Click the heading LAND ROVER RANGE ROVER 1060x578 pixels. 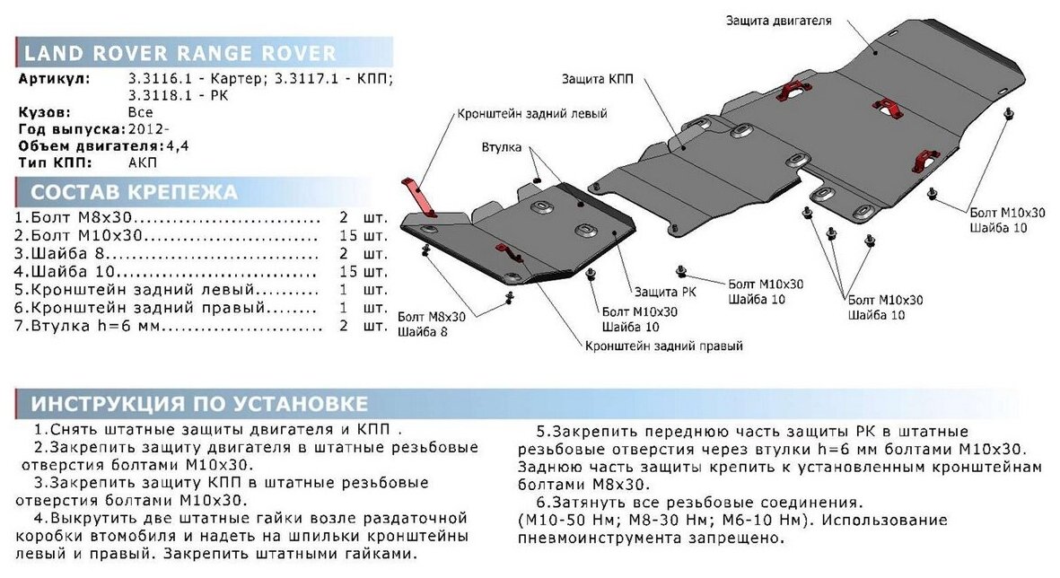[180, 53]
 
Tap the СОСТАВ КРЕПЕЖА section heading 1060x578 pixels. [134, 191]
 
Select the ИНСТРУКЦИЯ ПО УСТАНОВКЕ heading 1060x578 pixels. [199, 402]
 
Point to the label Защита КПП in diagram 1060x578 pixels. [600, 79]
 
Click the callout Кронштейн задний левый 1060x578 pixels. [532, 114]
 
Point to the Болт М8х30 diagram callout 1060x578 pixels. [432, 316]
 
